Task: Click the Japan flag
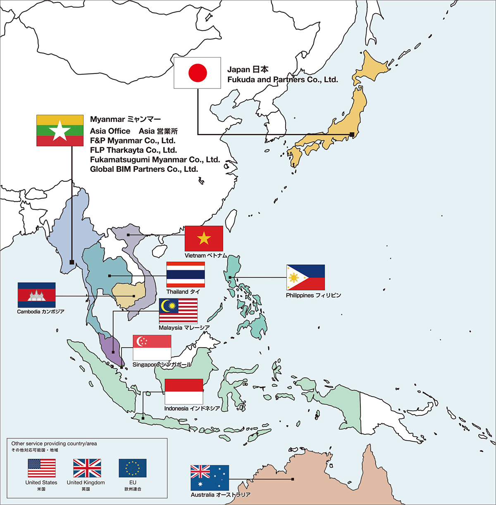(x=197, y=73)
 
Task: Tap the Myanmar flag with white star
(x=60, y=131)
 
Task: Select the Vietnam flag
(x=204, y=238)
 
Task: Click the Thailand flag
(x=186, y=274)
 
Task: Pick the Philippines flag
(x=305, y=277)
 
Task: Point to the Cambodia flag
(x=36, y=295)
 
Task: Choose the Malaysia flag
(x=178, y=310)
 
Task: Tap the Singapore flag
(x=152, y=348)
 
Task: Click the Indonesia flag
(x=184, y=391)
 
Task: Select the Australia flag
(x=210, y=478)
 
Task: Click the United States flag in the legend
(x=42, y=468)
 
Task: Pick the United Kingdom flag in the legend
(x=87, y=468)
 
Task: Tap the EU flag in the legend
(x=133, y=468)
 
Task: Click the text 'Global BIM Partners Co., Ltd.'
(x=144, y=169)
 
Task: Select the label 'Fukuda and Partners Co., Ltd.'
(x=282, y=80)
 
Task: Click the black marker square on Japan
(x=352, y=134)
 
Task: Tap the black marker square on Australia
(x=293, y=479)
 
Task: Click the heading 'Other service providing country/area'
(x=54, y=443)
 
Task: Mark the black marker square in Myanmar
(x=72, y=262)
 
